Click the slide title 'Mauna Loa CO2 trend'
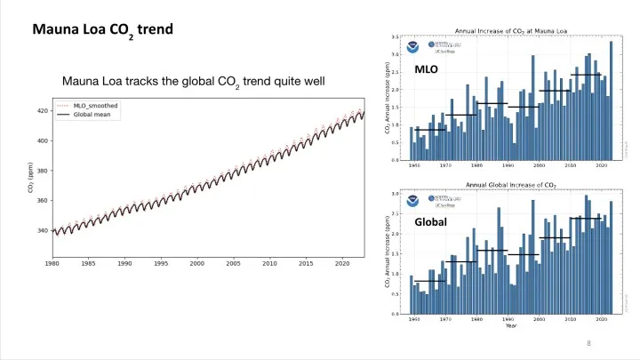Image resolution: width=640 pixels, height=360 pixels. pos(102,29)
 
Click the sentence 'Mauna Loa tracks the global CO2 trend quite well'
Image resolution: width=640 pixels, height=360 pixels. pos(194,84)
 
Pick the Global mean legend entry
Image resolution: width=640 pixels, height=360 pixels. pos(92,114)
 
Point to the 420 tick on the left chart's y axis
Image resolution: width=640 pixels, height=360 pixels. pos(42,111)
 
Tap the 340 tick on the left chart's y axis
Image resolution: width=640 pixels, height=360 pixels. pos(42,231)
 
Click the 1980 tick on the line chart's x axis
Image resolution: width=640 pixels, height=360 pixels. pos(53,264)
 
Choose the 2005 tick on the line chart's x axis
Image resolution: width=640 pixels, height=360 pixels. pos(233,264)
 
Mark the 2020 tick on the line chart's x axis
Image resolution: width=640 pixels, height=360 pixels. pos(341,264)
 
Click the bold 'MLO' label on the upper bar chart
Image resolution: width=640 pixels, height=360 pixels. pos(428,70)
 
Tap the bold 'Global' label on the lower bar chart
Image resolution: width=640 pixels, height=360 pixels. pos(430,222)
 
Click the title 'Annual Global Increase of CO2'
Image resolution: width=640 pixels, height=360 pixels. pos(510,185)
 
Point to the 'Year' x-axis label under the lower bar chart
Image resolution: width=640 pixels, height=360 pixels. pos(510,325)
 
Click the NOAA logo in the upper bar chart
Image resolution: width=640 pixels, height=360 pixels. pos(414,46)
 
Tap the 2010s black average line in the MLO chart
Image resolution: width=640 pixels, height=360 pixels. pos(586,75)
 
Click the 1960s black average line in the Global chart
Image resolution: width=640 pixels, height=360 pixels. pos(430,281)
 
